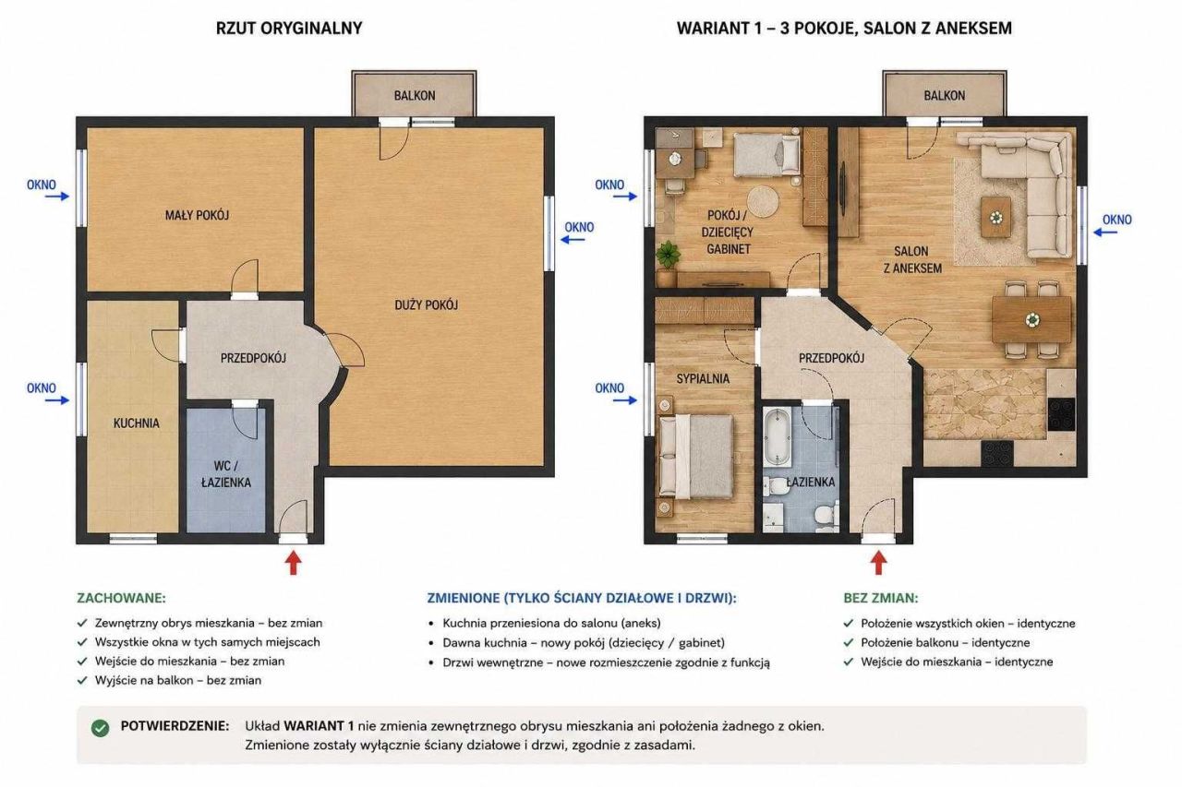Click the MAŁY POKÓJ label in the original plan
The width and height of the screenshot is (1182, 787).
click(x=197, y=215)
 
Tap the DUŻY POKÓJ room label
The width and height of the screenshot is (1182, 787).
click(x=427, y=304)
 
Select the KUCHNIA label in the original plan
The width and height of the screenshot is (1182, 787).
click(x=136, y=423)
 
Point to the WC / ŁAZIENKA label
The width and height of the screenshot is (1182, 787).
click(x=226, y=474)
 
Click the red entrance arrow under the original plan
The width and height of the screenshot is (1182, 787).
click(x=294, y=563)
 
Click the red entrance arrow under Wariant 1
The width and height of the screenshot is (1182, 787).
click(x=878, y=563)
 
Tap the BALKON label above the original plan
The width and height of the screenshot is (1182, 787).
click(x=415, y=95)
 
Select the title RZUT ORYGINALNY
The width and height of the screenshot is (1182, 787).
click(x=289, y=28)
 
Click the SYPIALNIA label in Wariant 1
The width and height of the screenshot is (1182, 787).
click(x=703, y=378)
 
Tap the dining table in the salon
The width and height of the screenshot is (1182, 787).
click(x=1031, y=319)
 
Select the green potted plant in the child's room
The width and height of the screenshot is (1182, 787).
click(x=668, y=255)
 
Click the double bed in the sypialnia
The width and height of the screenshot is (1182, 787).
click(x=695, y=457)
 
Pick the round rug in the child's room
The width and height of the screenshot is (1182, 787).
click(x=763, y=201)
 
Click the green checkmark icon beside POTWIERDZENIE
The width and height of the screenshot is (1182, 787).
click(x=101, y=729)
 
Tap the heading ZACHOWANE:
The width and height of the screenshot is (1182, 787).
click(x=121, y=598)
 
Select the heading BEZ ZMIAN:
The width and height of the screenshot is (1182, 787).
click(x=881, y=598)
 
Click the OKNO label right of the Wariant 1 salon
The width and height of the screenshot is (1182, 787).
click(x=1116, y=220)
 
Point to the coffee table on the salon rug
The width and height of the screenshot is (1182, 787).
click(x=996, y=217)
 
